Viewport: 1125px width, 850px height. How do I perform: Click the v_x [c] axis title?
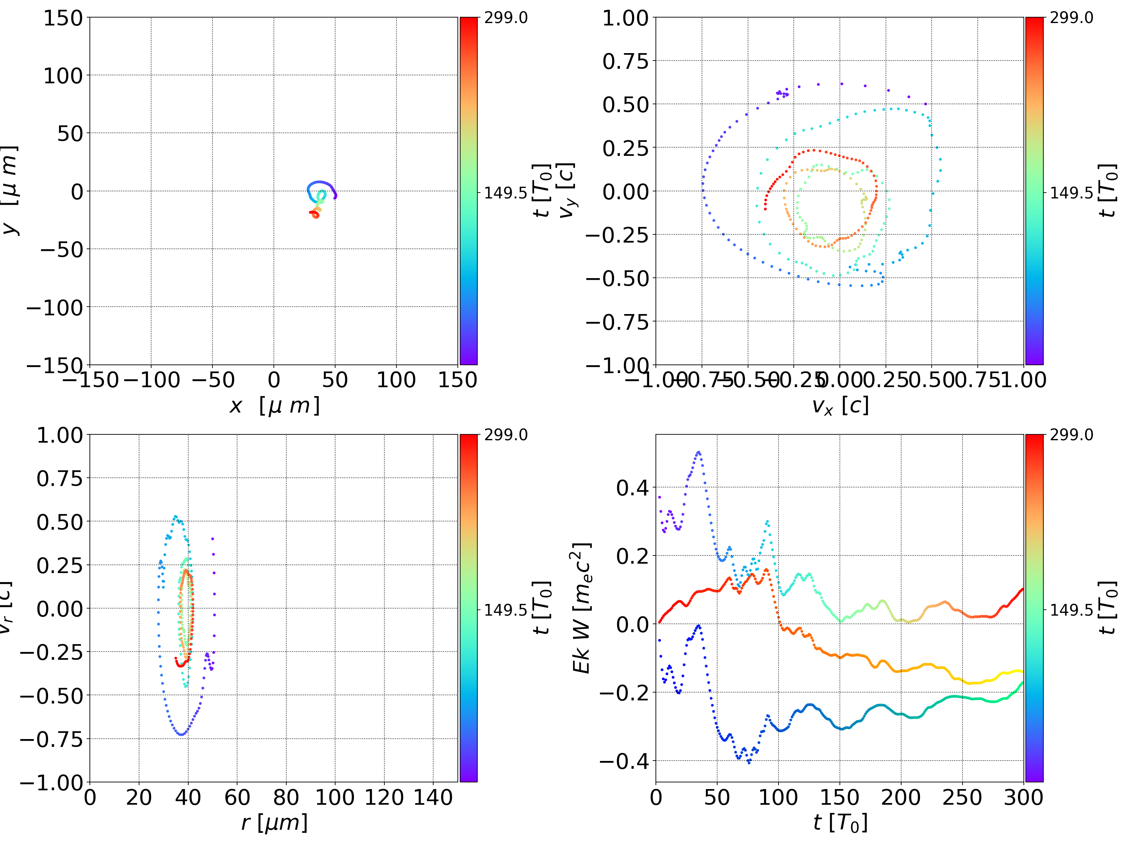pos(840,405)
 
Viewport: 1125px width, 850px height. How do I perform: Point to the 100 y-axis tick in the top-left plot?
pos(62,76)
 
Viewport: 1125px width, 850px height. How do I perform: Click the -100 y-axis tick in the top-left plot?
pos(54,308)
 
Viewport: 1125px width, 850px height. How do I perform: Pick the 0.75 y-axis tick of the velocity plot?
pos(626,61)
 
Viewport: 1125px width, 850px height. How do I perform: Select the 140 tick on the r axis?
pos(433,797)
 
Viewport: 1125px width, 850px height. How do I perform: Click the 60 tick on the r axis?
pos(237,797)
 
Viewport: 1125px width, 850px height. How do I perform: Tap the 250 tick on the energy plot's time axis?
pos(962,797)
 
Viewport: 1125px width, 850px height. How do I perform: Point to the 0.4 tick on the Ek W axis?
pos(633,488)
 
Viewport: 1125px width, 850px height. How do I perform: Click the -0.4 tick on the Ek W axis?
pos(625,761)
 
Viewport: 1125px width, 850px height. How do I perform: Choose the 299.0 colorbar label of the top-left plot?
pos(505,18)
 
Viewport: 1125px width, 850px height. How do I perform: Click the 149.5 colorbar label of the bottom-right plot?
pos(1071,609)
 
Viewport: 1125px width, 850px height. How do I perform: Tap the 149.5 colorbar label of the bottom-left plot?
pos(505,609)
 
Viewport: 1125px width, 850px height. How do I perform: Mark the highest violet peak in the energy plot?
pos(698,452)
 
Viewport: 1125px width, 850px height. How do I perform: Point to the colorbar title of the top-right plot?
pos(1107,191)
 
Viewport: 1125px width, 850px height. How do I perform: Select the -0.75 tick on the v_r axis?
pos(51,739)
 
